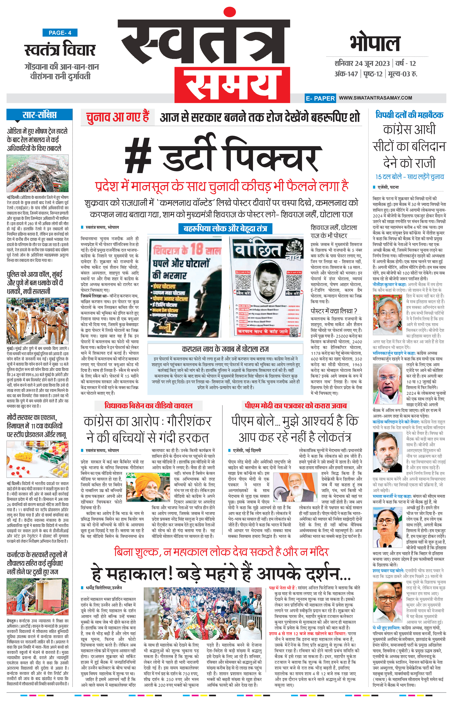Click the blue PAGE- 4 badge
click(60, 33)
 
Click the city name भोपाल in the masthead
click(375, 44)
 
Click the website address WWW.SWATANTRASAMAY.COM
click(375, 98)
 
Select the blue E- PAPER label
click(320, 98)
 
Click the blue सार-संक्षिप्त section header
click(39, 115)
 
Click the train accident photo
click(38, 173)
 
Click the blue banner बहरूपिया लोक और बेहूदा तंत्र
click(225, 228)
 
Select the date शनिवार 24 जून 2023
click(362, 63)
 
